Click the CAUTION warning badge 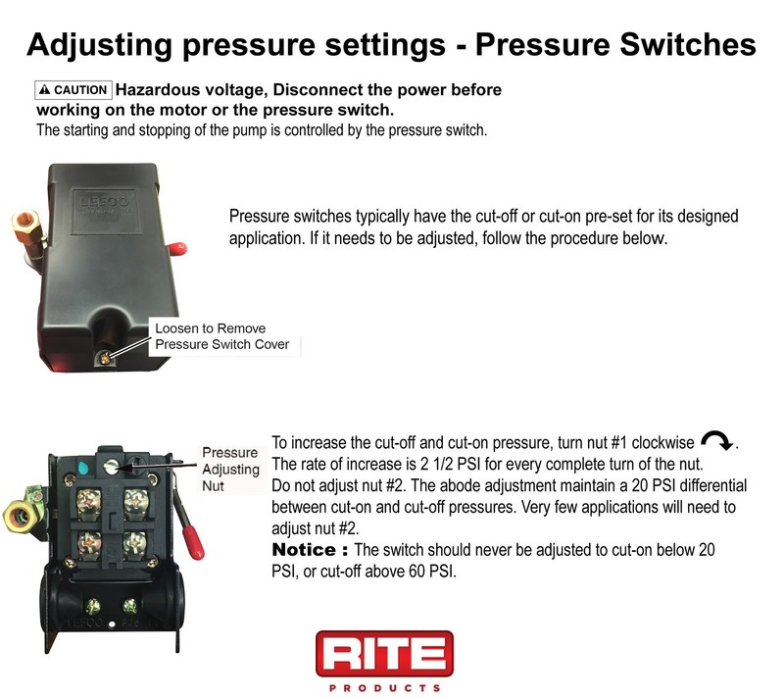click(x=73, y=90)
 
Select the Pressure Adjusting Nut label click(x=230, y=469)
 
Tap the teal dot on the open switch click(x=81, y=468)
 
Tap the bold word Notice click(x=310, y=549)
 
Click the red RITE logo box click(x=384, y=654)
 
